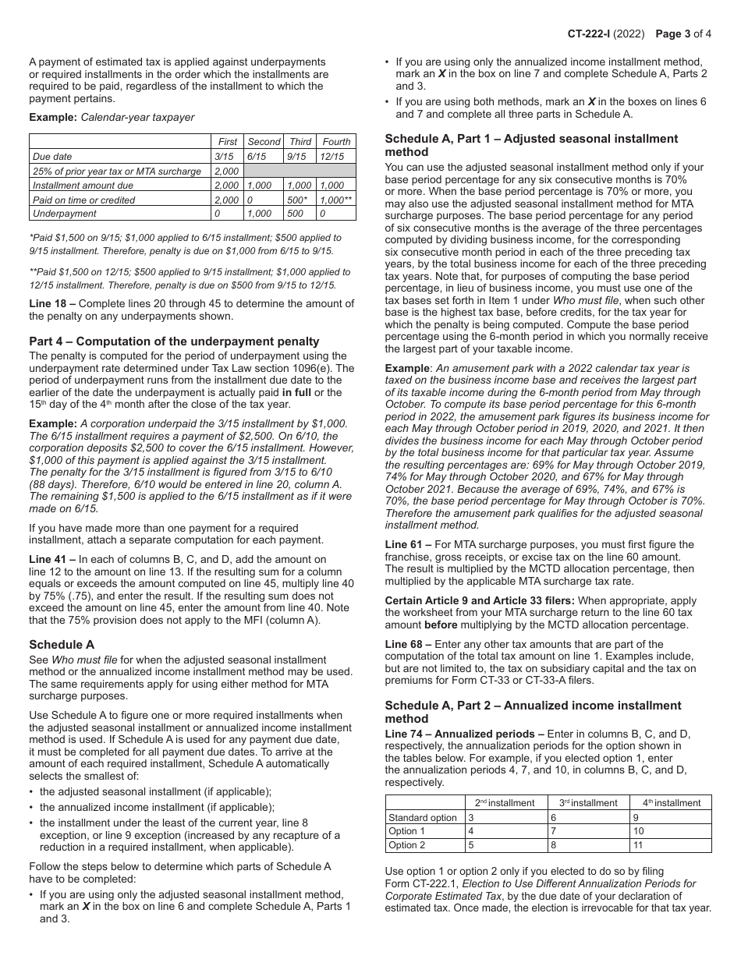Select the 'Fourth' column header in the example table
tap(336, 142)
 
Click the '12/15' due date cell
tap(331, 157)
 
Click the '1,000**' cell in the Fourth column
tap(336, 200)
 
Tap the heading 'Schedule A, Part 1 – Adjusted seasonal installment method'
tap(531, 145)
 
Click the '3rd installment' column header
tap(589, 802)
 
